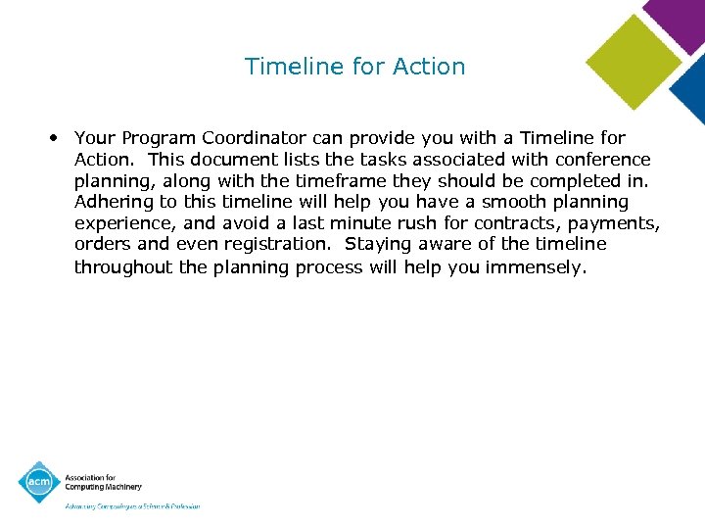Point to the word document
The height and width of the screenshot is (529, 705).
click(232, 160)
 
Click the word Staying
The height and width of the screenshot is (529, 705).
click(380, 244)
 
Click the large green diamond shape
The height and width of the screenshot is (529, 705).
click(633, 62)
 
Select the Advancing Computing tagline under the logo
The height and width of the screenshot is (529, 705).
click(132, 506)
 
